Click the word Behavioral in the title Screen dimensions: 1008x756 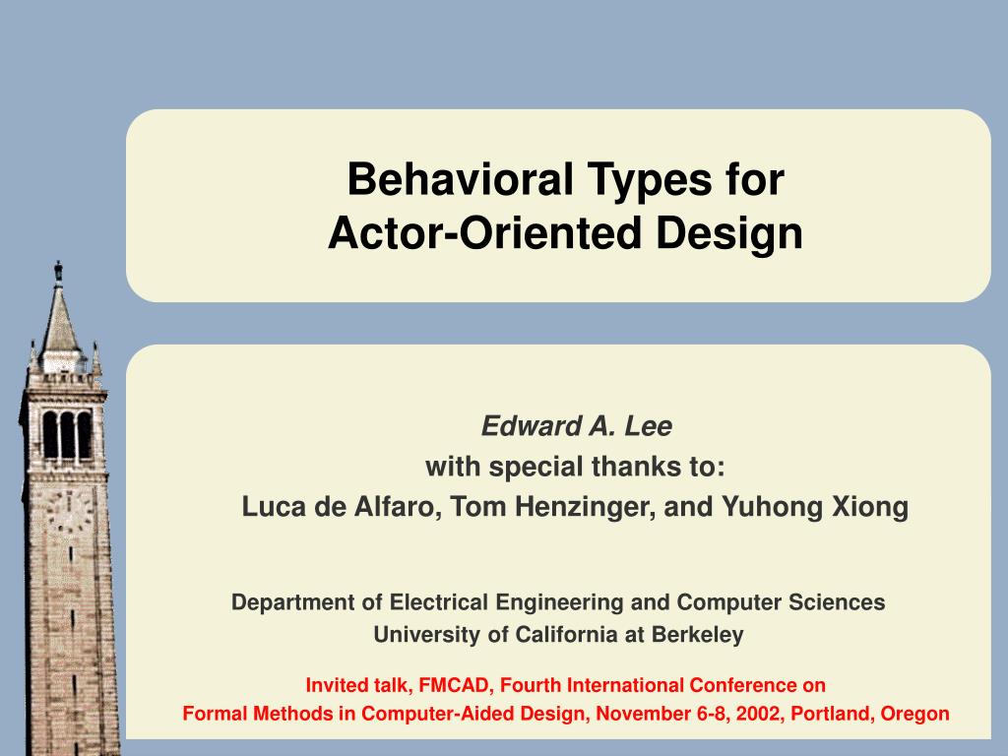tap(461, 179)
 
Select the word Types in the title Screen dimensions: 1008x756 tap(650, 181)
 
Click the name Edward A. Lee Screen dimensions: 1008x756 tap(577, 426)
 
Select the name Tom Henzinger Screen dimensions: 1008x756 tap(552, 508)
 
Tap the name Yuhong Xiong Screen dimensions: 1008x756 tap(815, 508)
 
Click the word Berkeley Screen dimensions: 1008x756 tap(698, 635)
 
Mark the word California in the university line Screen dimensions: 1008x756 tap(566, 635)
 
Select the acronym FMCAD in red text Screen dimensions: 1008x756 tap(454, 685)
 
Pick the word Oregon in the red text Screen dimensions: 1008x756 tap(914, 715)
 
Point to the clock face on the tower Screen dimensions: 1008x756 tap(70, 511)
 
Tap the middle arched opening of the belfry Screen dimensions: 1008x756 tap(68, 434)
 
